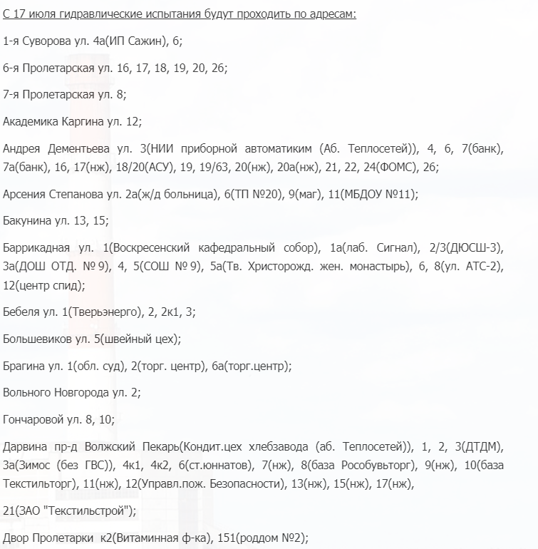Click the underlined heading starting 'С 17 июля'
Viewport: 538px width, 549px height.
click(x=180, y=14)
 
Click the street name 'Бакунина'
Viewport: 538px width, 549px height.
click(x=27, y=221)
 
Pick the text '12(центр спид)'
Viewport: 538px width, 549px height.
click(x=43, y=285)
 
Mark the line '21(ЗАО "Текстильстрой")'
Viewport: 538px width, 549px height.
click(x=69, y=510)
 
